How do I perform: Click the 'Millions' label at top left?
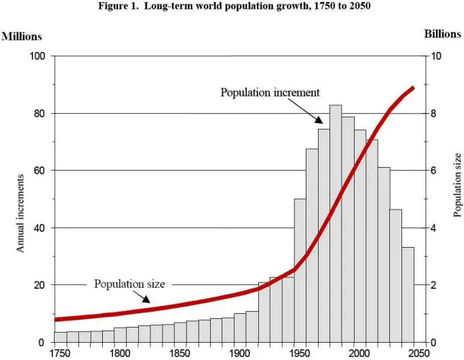click(22, 35)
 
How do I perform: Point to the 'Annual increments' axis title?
click(21, 212)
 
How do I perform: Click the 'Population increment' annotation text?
click(270, 92)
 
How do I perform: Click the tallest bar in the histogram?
click(335, 223)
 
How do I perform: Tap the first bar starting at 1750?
click(60, 336)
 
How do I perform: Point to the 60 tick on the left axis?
click(40, 171)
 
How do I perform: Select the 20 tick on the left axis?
click(40, 285)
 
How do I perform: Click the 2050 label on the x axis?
click(416, 352)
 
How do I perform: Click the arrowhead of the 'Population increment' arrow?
click(324, 124)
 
